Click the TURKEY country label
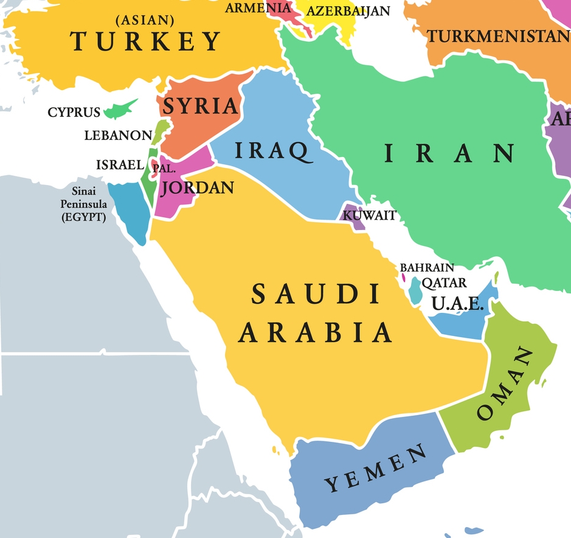click(x=146, y=41)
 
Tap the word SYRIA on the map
click(x=201, y=106)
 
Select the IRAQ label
click(x=271, y=150)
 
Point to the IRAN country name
click(x=449, y=153)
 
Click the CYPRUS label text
click(x=74, y=113)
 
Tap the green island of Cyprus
click(x=119, y=110)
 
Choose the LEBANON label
click(x=118, y=135)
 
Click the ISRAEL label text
click(x=120, y=164)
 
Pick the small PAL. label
click(x=164, y=168)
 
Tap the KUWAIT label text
click(x=370, y=215)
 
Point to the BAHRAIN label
click(x=426, y=267)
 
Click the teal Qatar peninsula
click(x=415, y=290)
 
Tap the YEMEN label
click(x=376, y=468)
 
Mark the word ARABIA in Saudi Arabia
click(x=314, y=332)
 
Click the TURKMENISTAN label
click(x=498, y=36)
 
